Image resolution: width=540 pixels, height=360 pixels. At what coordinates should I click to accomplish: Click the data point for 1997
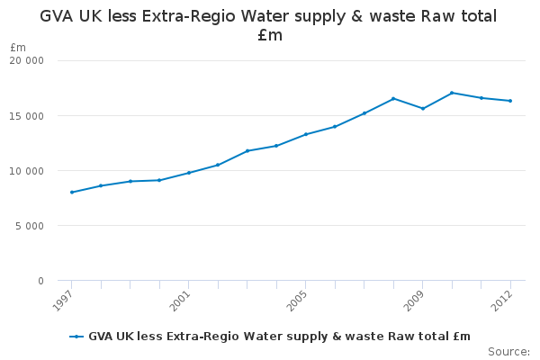[71, 192]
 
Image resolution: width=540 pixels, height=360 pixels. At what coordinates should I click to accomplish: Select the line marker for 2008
[393, 98]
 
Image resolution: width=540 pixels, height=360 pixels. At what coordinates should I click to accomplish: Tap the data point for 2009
[423, 108]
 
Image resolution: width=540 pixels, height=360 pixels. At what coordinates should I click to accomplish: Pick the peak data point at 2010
[452, 93]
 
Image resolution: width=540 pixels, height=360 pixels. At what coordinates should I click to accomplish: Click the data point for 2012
[510, 101]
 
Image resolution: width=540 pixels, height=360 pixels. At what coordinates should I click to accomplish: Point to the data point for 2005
[305, 134]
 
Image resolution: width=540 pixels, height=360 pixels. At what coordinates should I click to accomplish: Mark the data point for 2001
[188, 173]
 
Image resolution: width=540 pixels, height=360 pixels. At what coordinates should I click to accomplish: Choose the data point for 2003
[247, 150]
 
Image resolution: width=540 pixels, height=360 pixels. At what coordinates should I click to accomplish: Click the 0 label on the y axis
[40, 281]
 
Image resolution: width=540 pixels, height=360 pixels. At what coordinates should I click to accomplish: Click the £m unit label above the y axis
[18, 47]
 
